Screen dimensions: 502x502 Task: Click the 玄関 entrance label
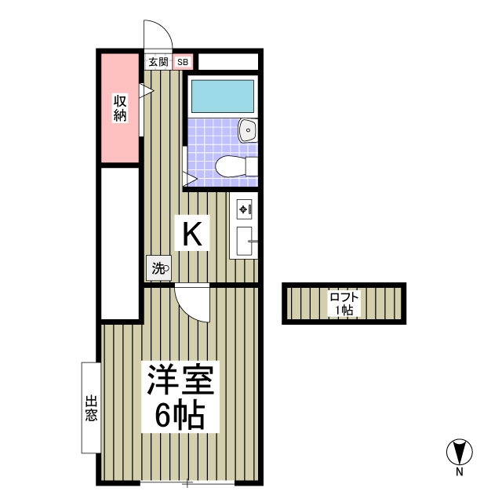click(158, 61)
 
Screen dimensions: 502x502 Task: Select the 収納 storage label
click(120, 107)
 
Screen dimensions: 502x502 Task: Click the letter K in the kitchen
click(193, 233)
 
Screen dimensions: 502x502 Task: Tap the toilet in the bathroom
click(235, 166)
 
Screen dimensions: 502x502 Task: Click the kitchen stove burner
click(243, 209)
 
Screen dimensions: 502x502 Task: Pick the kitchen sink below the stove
click(243, 241)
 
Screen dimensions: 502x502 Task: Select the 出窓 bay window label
click(91, 408)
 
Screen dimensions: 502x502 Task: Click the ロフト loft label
click(344, 296)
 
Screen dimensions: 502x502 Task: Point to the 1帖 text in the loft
click(344, 310)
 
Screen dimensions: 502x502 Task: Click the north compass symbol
click(458, 453)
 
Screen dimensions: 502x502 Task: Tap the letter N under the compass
click(459, 472)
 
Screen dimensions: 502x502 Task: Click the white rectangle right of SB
click(227, 61)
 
